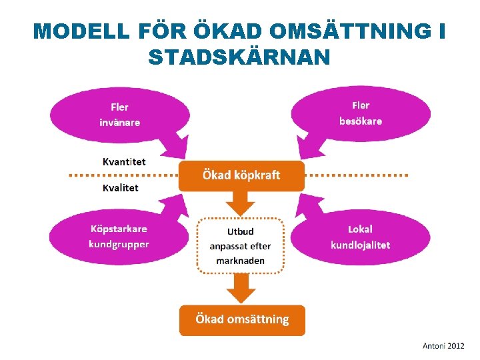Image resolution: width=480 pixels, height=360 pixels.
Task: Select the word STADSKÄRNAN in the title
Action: pos(239,57)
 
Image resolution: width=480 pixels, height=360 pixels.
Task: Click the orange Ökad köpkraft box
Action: pos(241,175)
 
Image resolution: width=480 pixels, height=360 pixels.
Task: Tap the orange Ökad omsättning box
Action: pos(242,319)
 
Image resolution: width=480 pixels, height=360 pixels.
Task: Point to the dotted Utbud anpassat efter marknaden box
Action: pos(241,245)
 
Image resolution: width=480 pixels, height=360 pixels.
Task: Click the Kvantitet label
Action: pos(124,161)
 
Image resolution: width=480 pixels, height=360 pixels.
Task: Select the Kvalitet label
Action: pos(121,188)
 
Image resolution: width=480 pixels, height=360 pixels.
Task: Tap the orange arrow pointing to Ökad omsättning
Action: pos(241,287)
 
